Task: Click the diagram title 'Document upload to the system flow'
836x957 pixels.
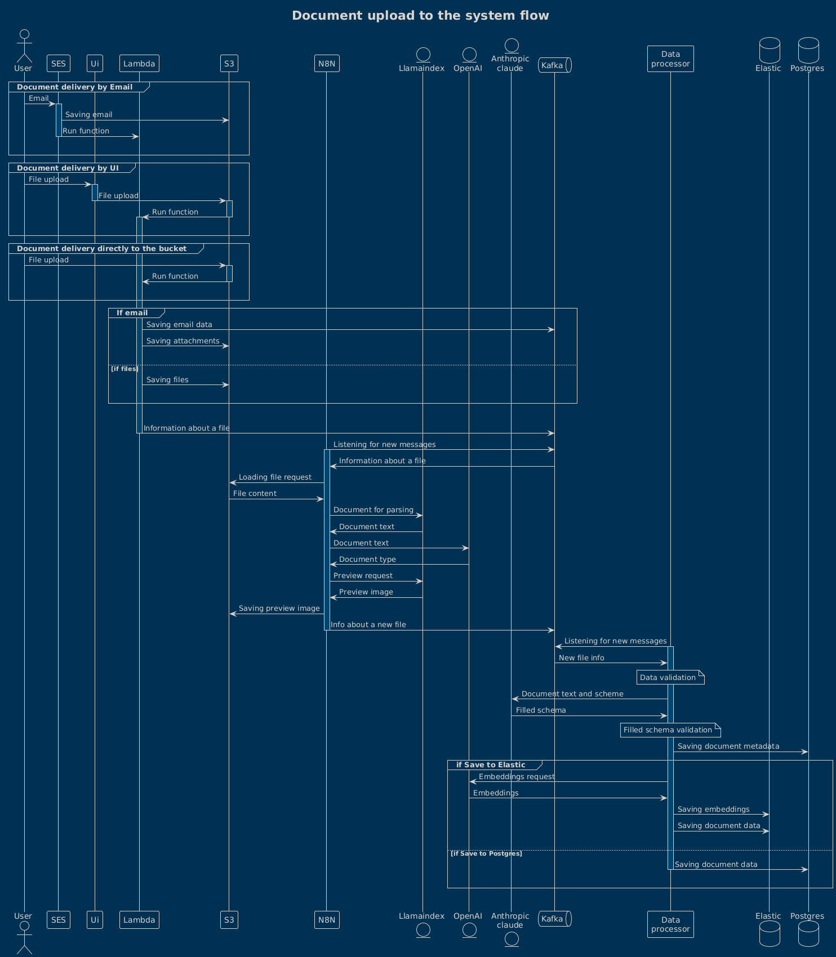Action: click(x=420, y=16)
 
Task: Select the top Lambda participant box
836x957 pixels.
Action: click(x=139, y=64)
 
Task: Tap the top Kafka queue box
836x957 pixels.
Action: click(x=554, y=65)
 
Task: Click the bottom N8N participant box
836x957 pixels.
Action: click(x=327, y=920)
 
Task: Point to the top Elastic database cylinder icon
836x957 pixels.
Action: click(x=768, y=50)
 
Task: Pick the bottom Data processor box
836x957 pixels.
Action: click(x=670, y=924)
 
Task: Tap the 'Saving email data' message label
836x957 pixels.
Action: click(x=179, y=325)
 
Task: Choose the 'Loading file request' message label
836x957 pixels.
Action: click(x=275, y=477)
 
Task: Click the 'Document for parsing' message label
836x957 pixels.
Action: click(x=373, y=510)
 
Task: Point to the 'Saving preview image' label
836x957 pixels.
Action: click(x=279, y=609)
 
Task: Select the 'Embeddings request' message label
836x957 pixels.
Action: click(x=517, y=777)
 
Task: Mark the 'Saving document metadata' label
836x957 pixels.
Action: click(x=728, y=746)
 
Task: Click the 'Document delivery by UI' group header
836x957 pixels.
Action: click(x=68, y=168)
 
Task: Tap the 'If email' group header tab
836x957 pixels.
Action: click(x=132, y=313)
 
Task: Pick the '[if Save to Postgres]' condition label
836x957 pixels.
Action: click(x=486, y=854)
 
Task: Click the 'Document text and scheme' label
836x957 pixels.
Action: click(x=572, y=694)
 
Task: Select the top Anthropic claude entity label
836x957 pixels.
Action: click(x=510, y=63)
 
